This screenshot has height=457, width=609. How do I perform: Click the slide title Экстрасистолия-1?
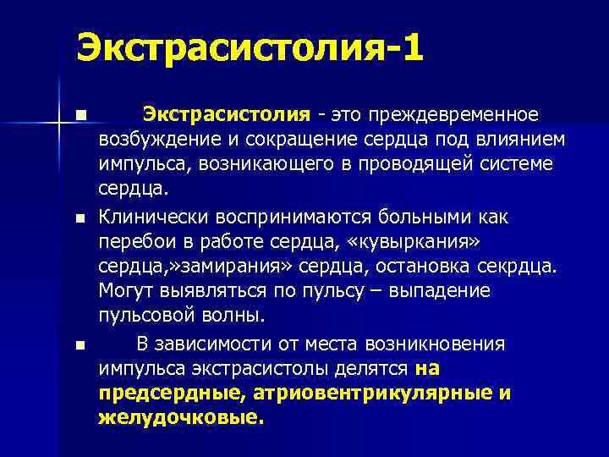(x=250, y=47)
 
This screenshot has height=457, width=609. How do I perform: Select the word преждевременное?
(x=463, y=114)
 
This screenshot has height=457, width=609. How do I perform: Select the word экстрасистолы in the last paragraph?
(x=287, y=369)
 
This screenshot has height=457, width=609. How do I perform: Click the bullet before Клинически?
(x=80, y=219)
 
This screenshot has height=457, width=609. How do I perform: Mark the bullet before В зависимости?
(x=80, y=345)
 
